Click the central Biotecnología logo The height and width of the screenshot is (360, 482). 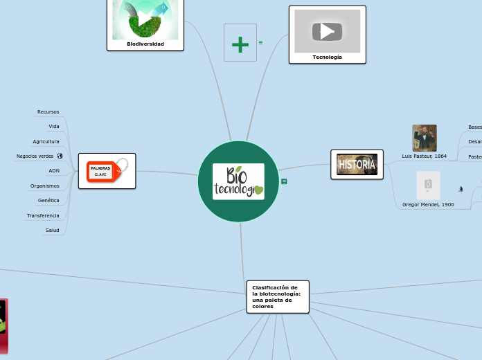[x=238, y=181]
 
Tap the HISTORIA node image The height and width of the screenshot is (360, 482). [x=357, y=165]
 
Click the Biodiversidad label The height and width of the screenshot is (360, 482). [x=145, y=44]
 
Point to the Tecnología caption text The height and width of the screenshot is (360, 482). [x=327, y=57]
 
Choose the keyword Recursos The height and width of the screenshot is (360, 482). [x=48, y=111]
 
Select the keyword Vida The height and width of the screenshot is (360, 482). [x=54, y=127]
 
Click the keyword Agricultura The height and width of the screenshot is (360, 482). [x=46, y=141]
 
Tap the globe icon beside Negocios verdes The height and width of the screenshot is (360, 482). [x=60, y=156]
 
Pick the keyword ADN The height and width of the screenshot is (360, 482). [x=54, y=170]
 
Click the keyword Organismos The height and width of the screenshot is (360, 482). [x=45, y=186]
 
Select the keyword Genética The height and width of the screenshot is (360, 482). [x=48, y=200]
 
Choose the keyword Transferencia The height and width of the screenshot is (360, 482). [x=43, y=215]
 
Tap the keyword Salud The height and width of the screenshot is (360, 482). [x=53, y=230]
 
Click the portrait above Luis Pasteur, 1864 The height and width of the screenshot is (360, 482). [x=425, y=138]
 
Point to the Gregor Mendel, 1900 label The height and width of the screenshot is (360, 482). [x=428, y=205]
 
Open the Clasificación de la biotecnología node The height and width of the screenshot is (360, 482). [x=278, y=296]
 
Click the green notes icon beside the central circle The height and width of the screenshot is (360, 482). [x=284, y=181]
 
